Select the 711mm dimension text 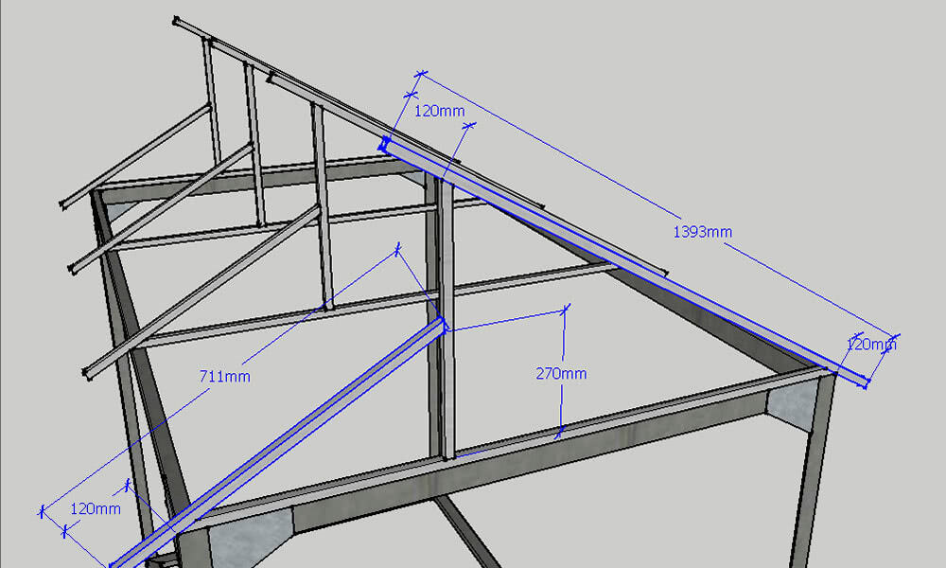pyautogui.click(x=225, y=377)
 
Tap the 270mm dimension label pyautogui.click(x=562, y=374)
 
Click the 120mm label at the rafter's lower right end pyautogui.click(x=870, y=345)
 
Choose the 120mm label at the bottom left pyautogui.click(x=96, y=509)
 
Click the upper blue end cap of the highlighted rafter pyautogui.click(x=386, y=145)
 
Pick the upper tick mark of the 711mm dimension pyautogui.click(x=397, y=249)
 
